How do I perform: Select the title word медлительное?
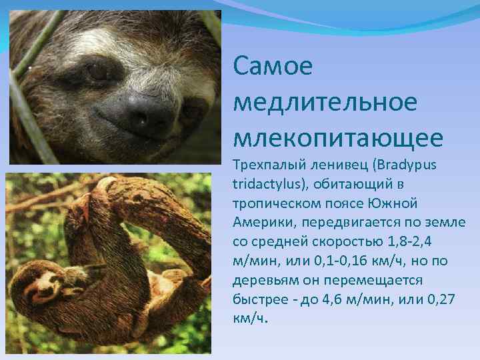[325, 103]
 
